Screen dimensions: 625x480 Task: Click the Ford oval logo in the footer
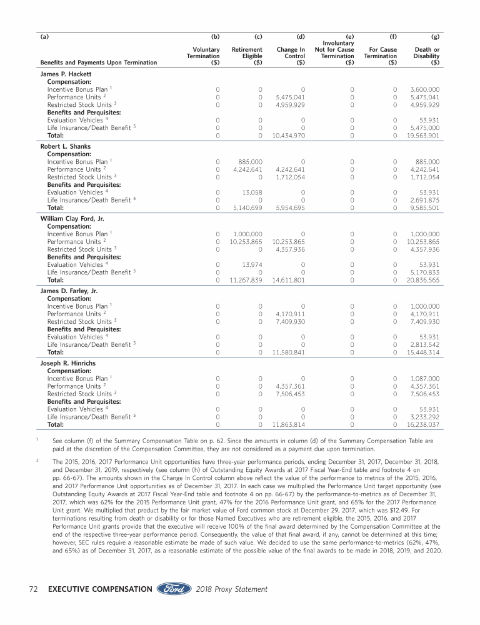point(174,589)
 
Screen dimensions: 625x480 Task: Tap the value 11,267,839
point(241,280)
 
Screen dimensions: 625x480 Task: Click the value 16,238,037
point(422,425)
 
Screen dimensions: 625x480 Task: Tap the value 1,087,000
point(425,379)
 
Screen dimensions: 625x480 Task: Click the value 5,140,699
point(242,207)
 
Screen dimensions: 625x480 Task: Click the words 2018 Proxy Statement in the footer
point(231,589)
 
